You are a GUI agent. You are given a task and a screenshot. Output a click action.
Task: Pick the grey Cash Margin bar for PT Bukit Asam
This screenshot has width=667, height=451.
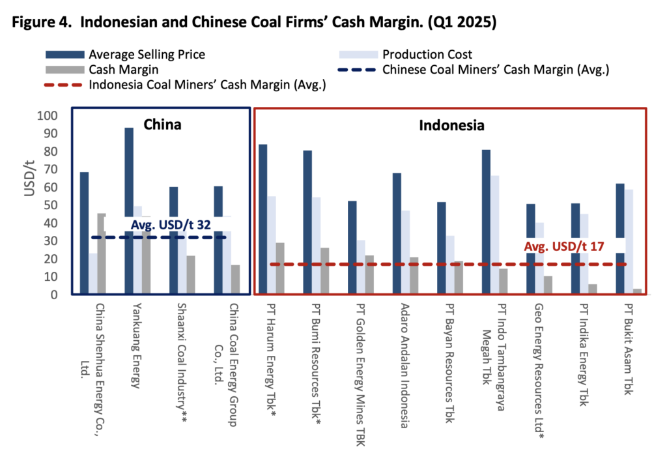637,291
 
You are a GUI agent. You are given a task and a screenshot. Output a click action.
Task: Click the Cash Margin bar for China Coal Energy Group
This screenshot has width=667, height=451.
234,280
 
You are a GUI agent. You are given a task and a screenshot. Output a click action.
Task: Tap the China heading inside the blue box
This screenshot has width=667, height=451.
162,124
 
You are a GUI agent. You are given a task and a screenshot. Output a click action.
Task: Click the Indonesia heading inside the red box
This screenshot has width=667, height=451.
451,125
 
